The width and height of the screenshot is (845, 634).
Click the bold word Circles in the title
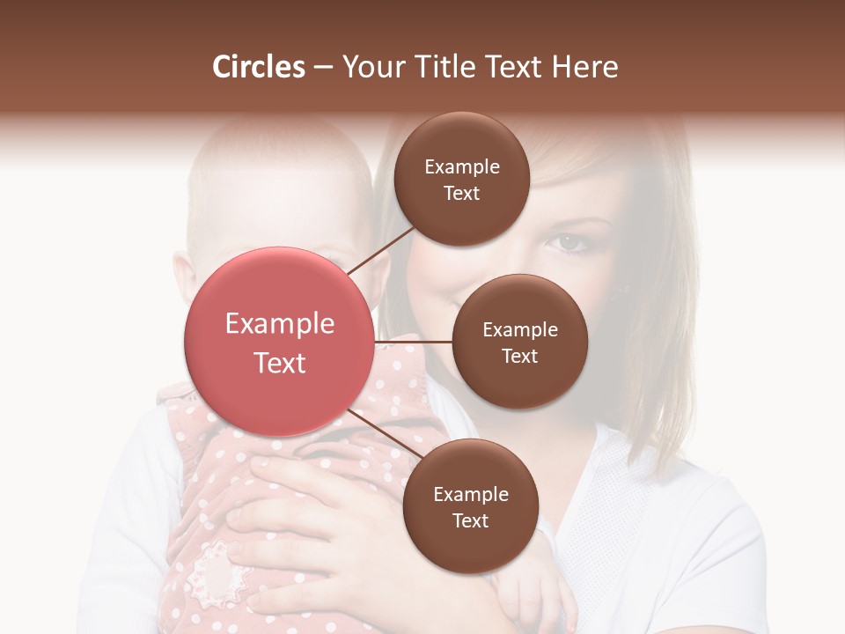pos(259,67)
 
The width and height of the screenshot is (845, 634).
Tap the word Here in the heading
pos(587,67)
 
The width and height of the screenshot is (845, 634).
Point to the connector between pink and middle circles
pos(413,342)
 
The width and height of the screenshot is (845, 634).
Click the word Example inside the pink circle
pos(279,324)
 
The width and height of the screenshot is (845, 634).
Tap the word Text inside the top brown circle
pos(462,193)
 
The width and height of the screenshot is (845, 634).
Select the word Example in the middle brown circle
pos(519,330)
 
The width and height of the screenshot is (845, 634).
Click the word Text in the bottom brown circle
pos(470,520)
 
